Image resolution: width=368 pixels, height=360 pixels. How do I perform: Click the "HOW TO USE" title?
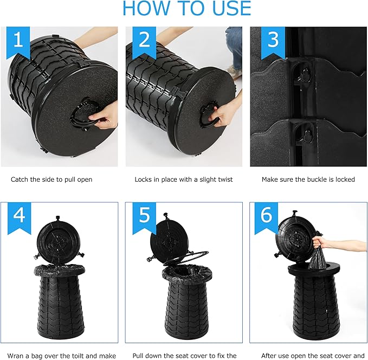coord(187,8)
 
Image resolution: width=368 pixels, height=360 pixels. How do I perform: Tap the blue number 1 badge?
coord(18,42)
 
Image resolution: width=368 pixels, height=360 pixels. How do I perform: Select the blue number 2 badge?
coord(144,42)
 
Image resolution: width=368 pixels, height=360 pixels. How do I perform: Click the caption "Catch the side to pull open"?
coord(51,179)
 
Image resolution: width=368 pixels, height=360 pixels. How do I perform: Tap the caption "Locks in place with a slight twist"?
coord(184,179)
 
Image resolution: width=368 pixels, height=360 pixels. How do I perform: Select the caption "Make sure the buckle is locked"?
coord(308,179)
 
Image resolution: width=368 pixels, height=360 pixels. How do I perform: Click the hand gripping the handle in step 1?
coord(104,118)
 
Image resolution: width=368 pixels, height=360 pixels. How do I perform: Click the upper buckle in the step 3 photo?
coord(305,74)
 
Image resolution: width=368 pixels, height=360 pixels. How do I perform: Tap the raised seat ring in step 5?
coord(186,258)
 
